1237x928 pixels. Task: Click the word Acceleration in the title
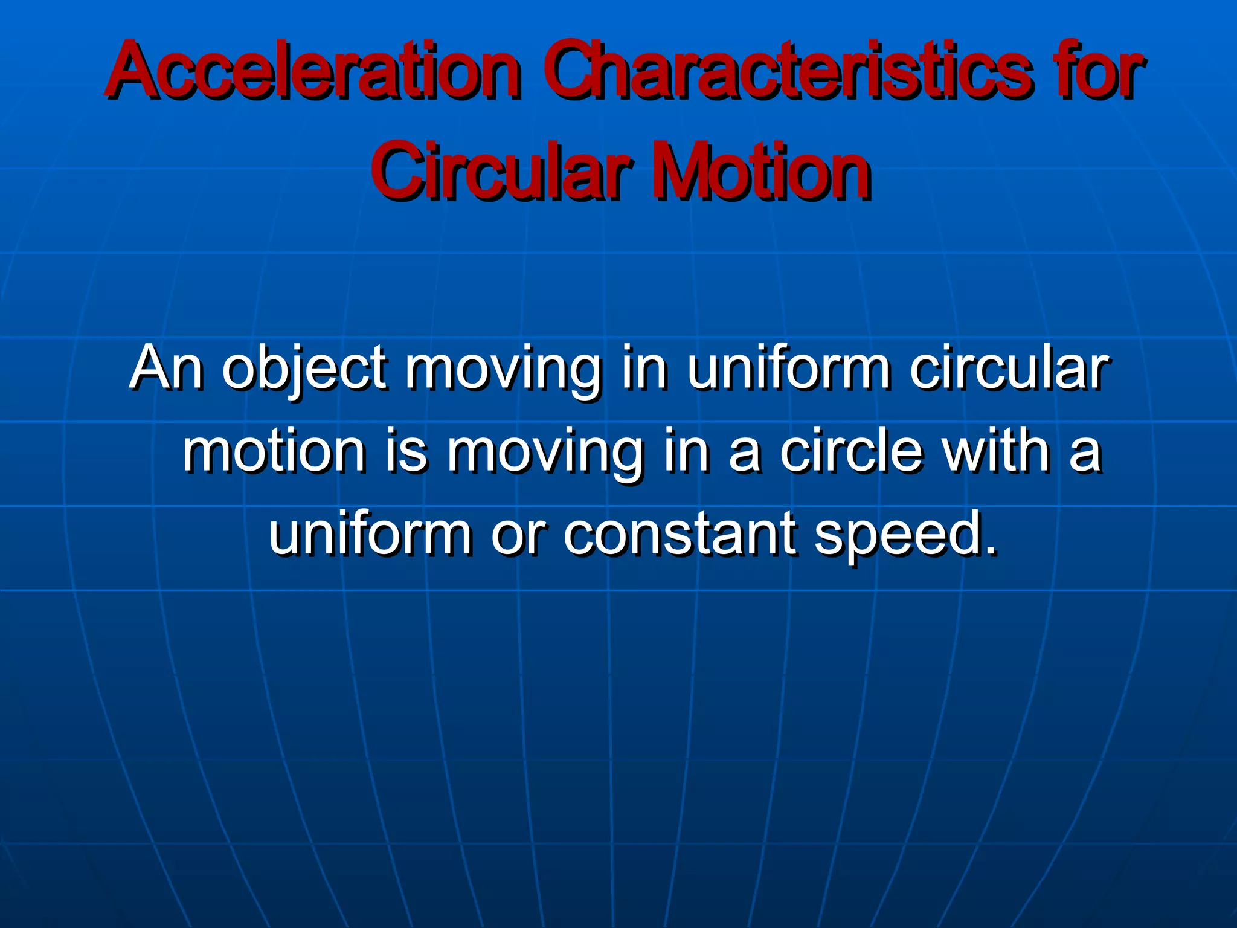313,71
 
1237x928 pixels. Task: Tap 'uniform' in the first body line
789,367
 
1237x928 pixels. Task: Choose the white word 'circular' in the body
1009,367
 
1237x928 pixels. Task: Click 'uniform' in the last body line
370,533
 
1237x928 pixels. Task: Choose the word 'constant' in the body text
680,534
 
